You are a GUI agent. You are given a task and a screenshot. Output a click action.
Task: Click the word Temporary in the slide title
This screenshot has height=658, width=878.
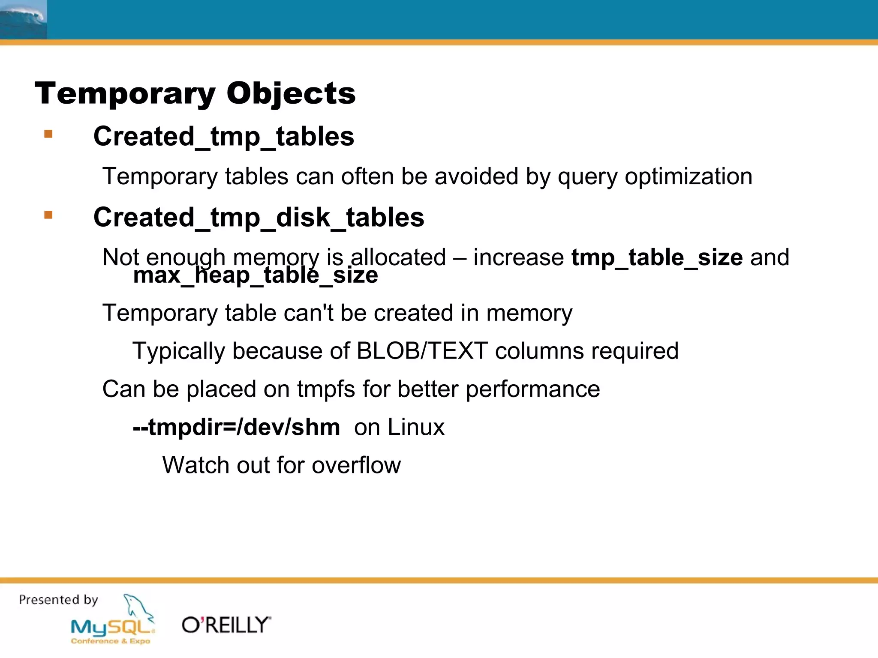point(125,93)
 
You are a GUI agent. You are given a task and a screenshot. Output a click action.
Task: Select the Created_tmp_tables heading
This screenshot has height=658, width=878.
point(224,137)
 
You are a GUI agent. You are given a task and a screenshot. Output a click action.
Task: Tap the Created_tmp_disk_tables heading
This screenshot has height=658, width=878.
point(259,217)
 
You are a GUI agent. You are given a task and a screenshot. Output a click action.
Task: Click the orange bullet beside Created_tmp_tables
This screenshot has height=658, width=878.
point(48,135)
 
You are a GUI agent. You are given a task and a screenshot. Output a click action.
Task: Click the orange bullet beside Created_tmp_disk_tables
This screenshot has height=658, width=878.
point(48,215)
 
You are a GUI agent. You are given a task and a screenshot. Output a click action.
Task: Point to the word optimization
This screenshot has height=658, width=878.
point(688,176)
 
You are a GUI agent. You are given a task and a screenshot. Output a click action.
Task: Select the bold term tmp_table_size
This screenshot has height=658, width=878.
point(657,257)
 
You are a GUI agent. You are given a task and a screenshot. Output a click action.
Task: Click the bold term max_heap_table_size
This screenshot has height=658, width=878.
point(256,275)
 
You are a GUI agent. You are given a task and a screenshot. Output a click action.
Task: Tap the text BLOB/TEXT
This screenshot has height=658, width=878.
point(422,351)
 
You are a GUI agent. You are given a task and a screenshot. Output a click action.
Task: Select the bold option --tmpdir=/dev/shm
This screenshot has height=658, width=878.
point(236,427)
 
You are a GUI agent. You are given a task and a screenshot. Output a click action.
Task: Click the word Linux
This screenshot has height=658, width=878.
point(415,427)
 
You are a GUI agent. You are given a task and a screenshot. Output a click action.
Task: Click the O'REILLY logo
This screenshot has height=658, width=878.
point(226,625)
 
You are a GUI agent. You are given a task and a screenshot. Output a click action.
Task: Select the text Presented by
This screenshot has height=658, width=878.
point(59,600)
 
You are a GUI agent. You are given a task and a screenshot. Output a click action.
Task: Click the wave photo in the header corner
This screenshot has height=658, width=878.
point(23,19)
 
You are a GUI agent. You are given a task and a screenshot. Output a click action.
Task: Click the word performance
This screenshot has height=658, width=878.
point(532,389)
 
